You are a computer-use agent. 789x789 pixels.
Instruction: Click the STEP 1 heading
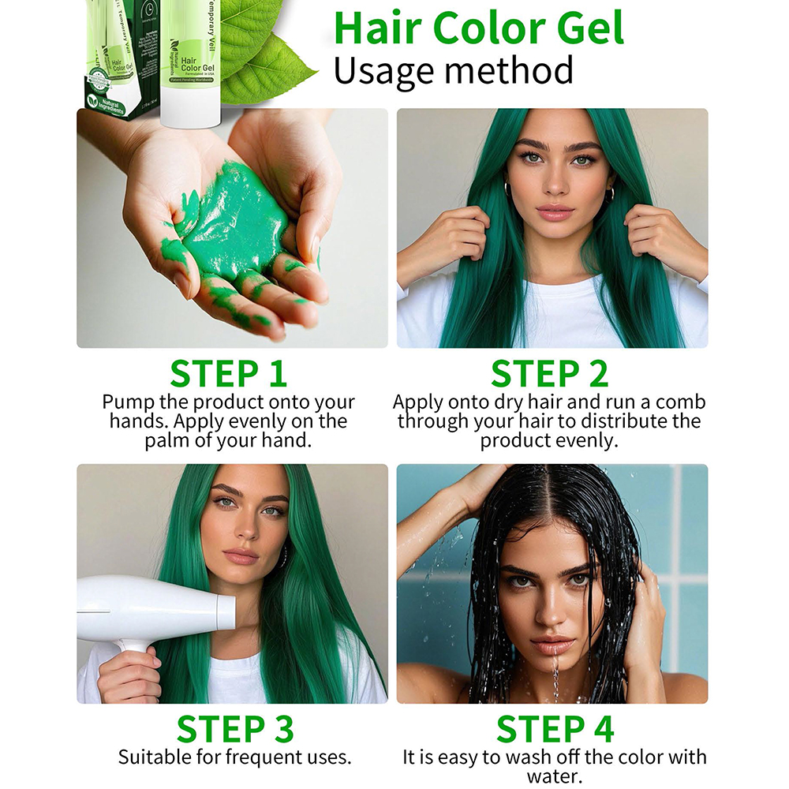229,374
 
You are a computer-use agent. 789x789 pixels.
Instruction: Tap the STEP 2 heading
550,374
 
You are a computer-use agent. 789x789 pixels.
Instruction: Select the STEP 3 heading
234,729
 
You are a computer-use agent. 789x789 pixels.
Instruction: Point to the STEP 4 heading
555,729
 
